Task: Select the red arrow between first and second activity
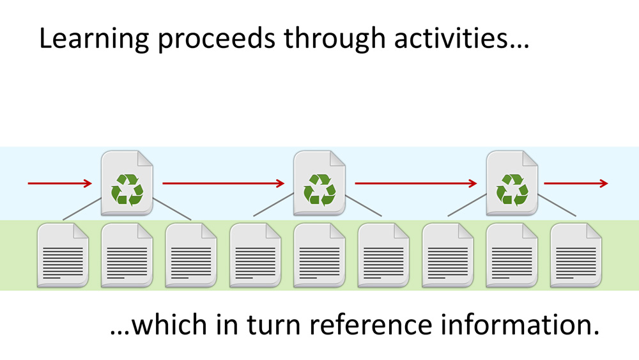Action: pos(223,184)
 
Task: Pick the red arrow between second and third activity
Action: pos(415,184)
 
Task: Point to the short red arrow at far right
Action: pos(576,184)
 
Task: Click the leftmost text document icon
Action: pos(63,255)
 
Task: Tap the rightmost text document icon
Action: pos(576,255)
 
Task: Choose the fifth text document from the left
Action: pos(319,255)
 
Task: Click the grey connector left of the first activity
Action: pos(82,209)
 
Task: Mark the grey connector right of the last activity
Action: pos(557,206)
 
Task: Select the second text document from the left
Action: pos(127,255)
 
